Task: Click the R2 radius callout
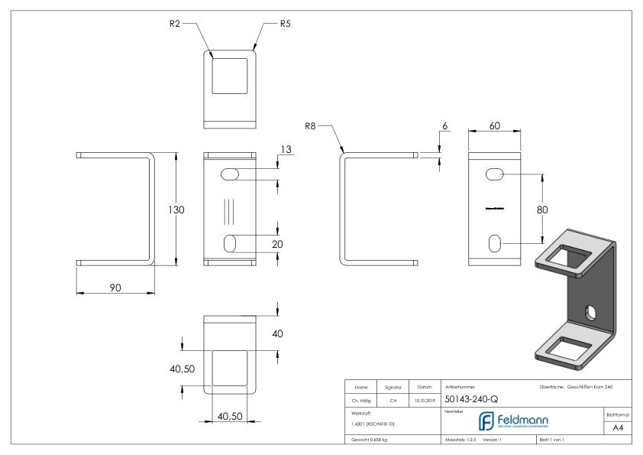coord(175,24)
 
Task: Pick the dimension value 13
coord(286,151)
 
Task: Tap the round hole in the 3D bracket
coord(590,311)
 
